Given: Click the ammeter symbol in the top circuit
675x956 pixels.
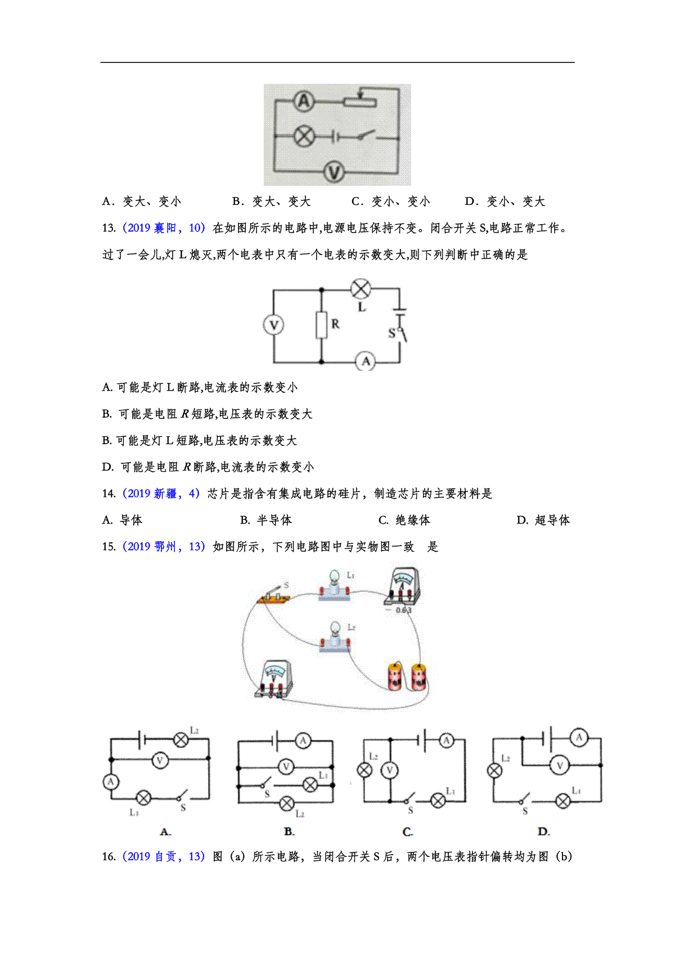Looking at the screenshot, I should (304, 101).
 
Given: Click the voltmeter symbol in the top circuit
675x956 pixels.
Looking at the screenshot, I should (334, 171).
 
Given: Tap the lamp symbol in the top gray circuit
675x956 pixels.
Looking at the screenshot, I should (305, 137).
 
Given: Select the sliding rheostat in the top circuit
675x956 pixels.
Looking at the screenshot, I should (360, 102).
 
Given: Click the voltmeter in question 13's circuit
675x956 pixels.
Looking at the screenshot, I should (273, 325).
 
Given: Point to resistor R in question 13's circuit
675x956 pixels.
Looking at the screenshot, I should (321, 325).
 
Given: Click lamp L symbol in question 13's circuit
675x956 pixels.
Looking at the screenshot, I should (361, 289).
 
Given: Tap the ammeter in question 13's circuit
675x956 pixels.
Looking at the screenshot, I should (366, 361).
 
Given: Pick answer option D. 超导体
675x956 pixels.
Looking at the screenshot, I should (543, 520).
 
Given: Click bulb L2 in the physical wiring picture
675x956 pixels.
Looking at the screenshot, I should (335, 637).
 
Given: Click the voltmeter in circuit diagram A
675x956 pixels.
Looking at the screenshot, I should (160, 761).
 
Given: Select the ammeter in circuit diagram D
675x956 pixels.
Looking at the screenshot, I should (579, 737).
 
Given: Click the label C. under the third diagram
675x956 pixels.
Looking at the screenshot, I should (408, 832).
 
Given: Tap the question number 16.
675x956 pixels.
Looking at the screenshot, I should (109, 857).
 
